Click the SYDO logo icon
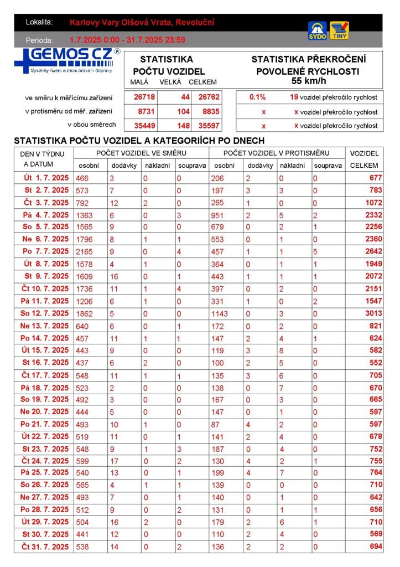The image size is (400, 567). click(317, 30)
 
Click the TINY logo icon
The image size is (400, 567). click(339, 30)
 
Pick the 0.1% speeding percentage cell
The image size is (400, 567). click(257, 97)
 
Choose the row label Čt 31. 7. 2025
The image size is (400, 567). click(45, 547)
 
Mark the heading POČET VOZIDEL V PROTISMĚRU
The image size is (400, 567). click(276, 153)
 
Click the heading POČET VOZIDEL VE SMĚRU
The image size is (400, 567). click(141, 153)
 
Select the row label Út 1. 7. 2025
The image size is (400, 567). click(46, 178)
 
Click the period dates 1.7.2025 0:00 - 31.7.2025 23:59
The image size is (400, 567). click(127, 40)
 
